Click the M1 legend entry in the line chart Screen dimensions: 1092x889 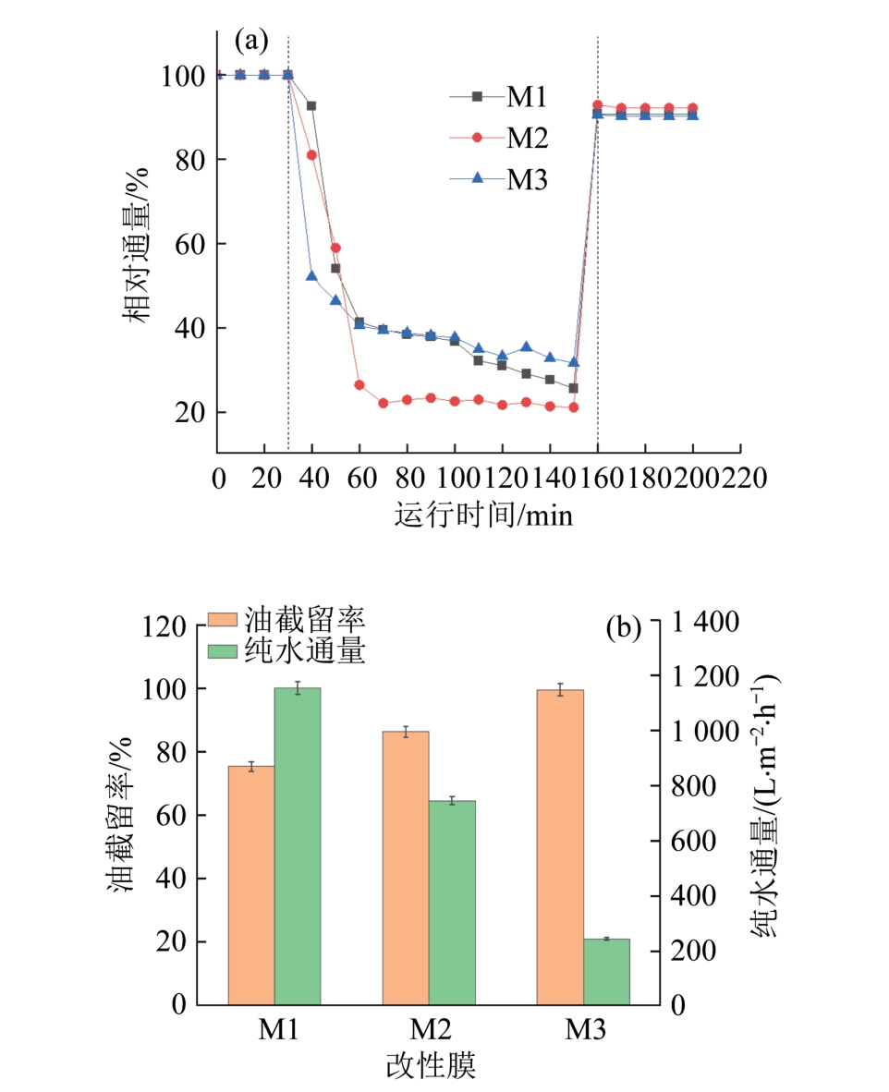499,96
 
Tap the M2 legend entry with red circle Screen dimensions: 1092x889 499,139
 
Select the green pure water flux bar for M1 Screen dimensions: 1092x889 298,845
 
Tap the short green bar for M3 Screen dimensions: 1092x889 606,971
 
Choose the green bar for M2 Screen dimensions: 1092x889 452,902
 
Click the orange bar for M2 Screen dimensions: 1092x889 406,868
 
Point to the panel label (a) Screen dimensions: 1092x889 251,41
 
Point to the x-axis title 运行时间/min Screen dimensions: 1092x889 483,514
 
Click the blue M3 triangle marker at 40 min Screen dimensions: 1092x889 312,275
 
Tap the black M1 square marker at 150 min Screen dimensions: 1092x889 573,388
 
